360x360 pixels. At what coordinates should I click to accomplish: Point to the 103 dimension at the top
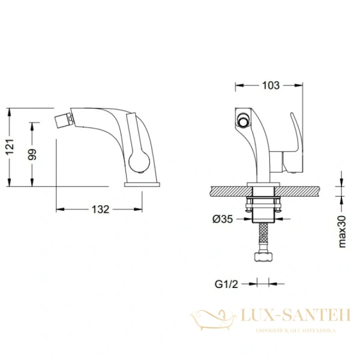pos(271,85)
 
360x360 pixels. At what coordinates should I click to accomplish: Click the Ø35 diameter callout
pos(223,220)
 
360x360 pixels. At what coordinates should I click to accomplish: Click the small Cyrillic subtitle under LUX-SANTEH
pos(295,331)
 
